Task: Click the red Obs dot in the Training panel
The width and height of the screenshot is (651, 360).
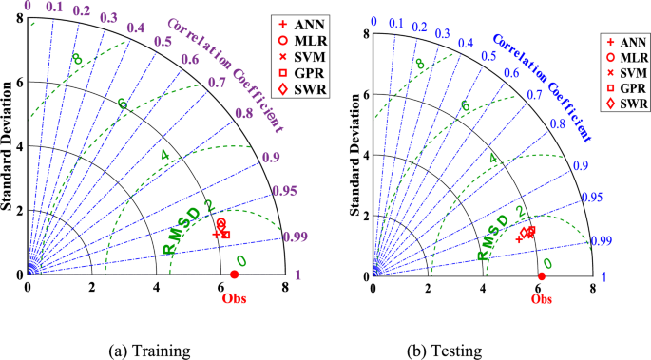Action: pyautogui.click(x=235, y=275)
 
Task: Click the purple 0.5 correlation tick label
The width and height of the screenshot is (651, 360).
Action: pyautogui.click(x=163, y=41)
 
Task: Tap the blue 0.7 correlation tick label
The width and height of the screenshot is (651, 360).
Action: pyautogui.click(x=535, y=94)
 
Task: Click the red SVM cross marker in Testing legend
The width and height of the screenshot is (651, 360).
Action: pyautogui.click(x=609, y=71)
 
